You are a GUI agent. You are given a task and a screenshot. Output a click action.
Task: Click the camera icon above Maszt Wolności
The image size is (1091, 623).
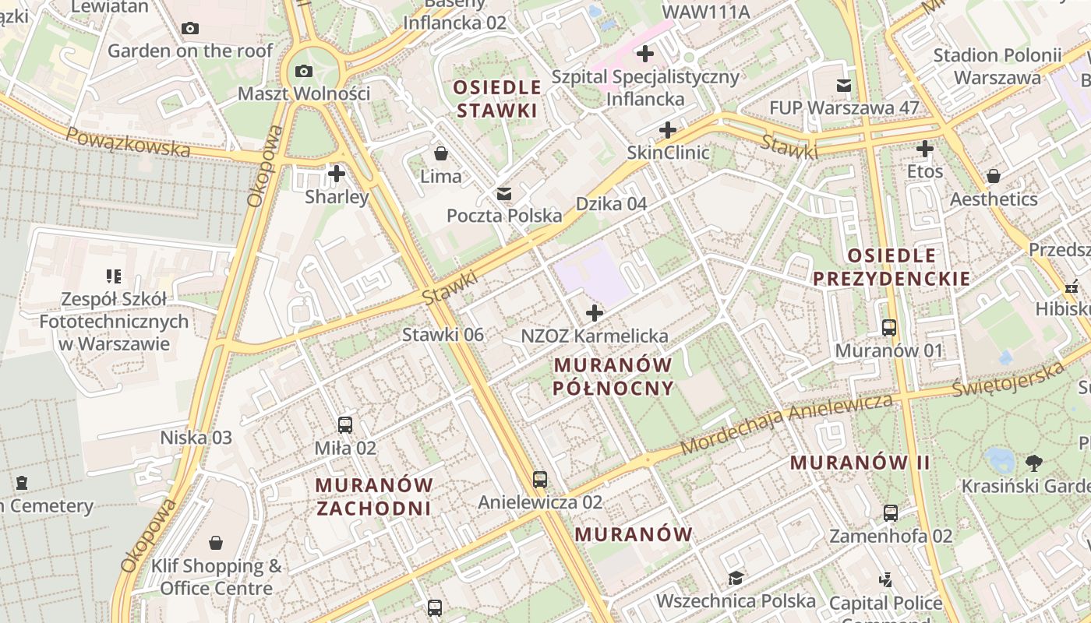304,72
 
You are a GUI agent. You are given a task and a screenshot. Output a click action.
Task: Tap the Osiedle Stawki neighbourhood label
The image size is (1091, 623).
497,99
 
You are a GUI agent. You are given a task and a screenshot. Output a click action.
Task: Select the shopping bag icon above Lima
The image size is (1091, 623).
441,153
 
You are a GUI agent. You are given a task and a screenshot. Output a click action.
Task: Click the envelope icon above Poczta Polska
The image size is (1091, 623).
504,193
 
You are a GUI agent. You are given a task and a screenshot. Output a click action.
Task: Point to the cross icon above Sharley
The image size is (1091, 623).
337,173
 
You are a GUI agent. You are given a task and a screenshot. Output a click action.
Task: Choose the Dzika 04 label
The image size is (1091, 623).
611,204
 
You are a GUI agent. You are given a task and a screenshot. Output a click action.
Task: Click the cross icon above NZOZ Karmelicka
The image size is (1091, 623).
595,313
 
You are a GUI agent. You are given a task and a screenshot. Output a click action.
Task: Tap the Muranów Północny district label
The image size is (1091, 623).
613,376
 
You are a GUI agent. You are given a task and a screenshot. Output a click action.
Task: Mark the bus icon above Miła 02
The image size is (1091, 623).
345,425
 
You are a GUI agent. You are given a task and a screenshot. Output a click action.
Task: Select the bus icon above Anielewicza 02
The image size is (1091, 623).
540,479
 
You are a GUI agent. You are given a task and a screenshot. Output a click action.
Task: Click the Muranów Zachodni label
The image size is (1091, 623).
374,496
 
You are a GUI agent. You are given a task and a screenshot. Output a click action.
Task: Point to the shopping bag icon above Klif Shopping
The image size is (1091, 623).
216,543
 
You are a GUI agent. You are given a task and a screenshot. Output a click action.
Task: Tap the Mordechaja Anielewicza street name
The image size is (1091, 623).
787,424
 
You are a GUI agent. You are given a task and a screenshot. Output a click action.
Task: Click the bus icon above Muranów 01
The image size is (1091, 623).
889,327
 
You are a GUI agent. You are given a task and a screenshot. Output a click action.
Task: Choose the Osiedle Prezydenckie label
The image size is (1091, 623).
892,266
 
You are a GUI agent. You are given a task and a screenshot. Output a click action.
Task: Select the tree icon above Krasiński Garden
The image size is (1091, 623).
1034,463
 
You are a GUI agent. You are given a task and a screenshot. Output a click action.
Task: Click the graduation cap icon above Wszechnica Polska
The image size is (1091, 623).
736,578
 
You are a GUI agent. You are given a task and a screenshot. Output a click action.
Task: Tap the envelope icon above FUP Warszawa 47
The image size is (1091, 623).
844,85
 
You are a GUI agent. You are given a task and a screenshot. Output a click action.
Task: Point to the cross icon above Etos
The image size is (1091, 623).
925,148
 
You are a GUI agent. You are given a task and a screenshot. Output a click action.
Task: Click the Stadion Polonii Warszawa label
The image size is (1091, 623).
997,66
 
